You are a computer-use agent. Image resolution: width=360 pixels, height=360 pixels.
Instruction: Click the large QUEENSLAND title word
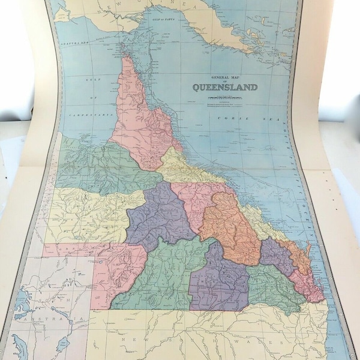[x=225, y=87]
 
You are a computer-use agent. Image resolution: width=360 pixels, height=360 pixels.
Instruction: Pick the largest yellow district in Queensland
[x=90, y=216]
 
